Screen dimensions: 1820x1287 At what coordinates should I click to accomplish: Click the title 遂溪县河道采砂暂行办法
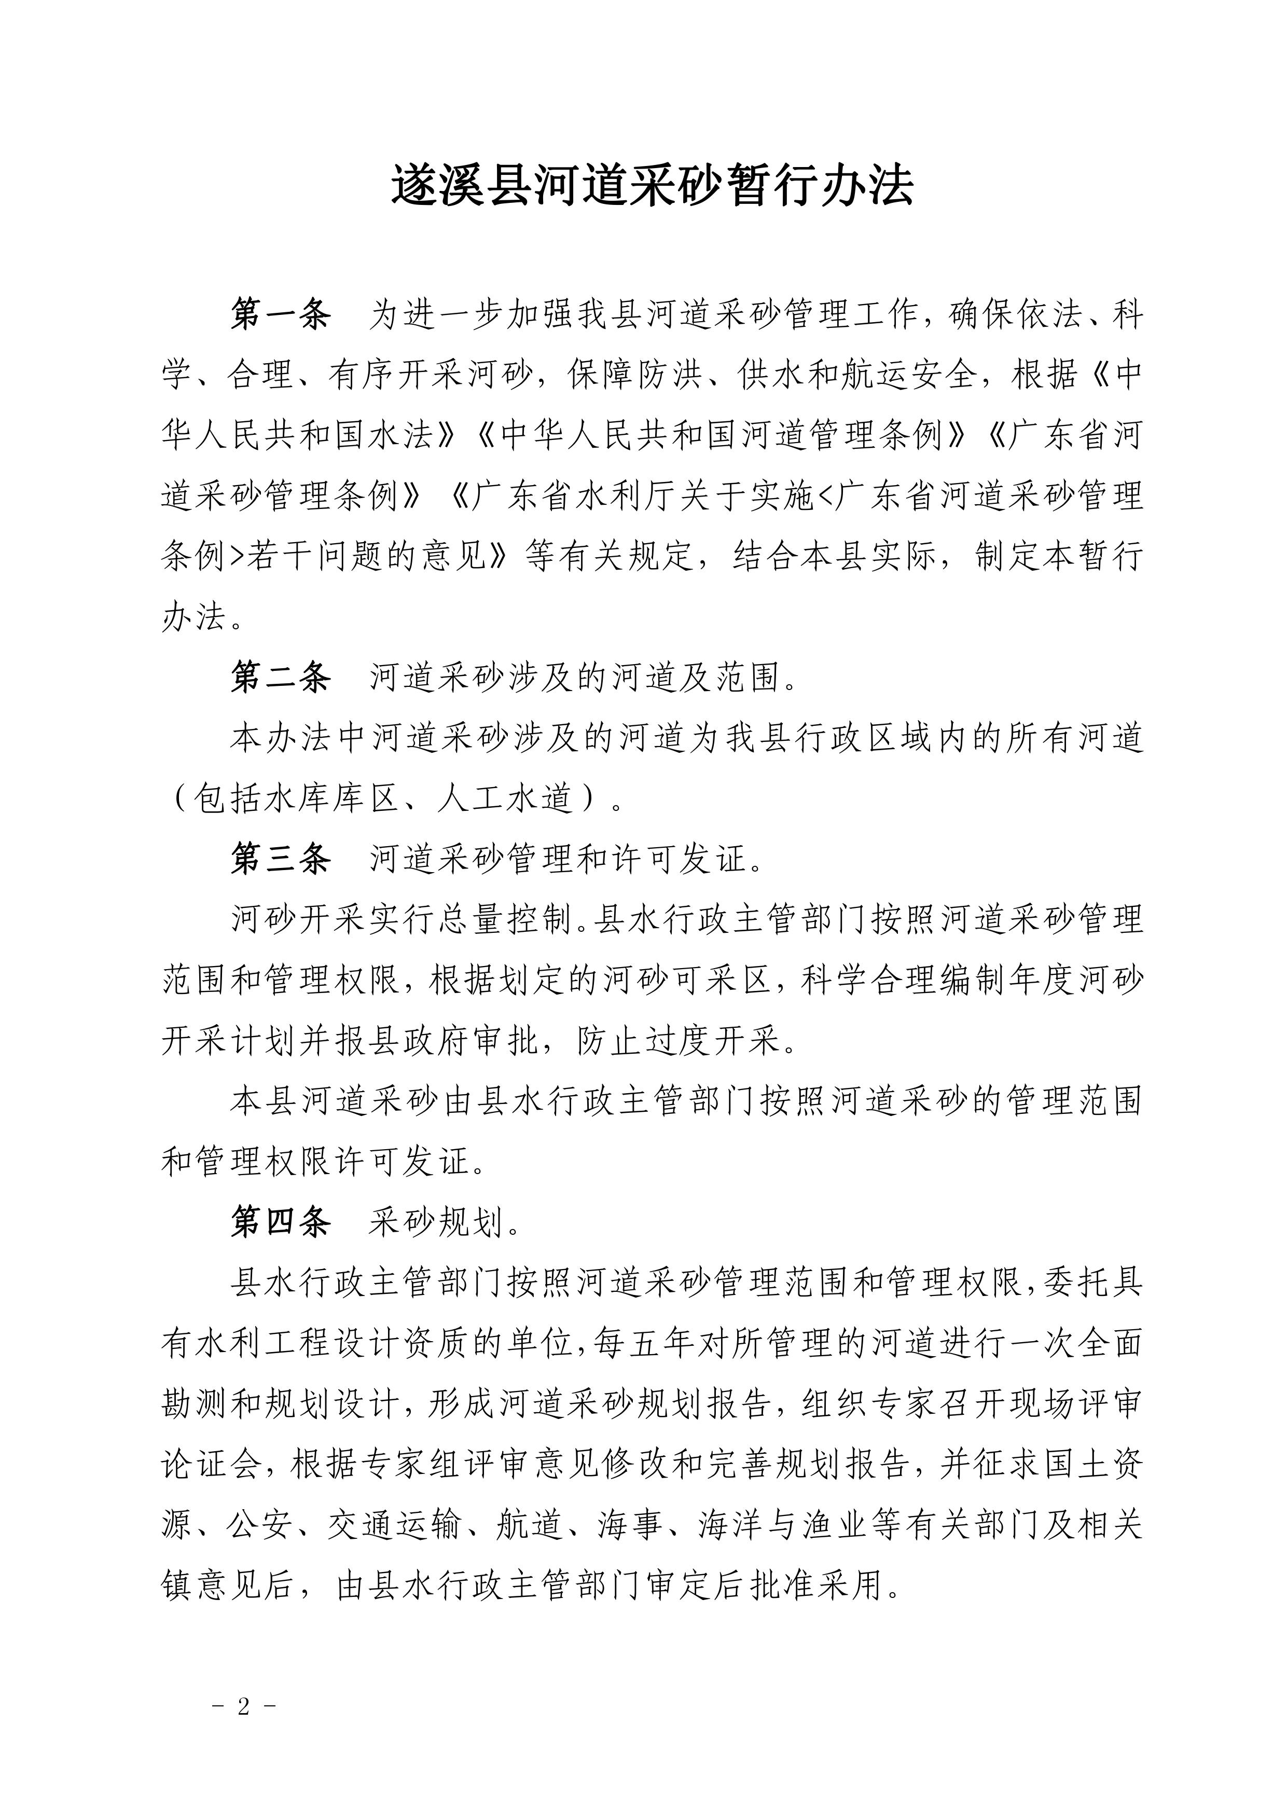click(652, 188)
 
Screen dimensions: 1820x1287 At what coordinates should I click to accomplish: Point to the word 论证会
click(212, 1464)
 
